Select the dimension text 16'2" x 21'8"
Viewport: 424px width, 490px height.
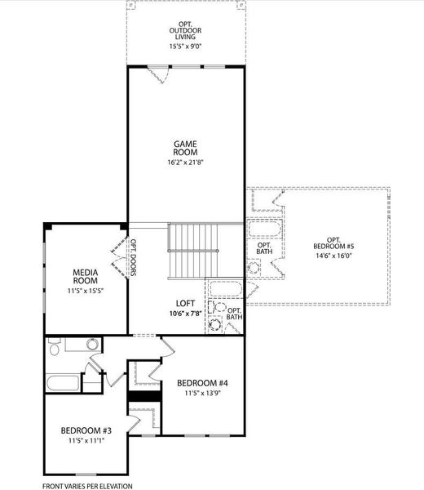(185, 163)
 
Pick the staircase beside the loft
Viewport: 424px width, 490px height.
(193, 252)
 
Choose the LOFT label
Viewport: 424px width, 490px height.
(185, 303)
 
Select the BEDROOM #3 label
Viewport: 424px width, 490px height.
(86, 430)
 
